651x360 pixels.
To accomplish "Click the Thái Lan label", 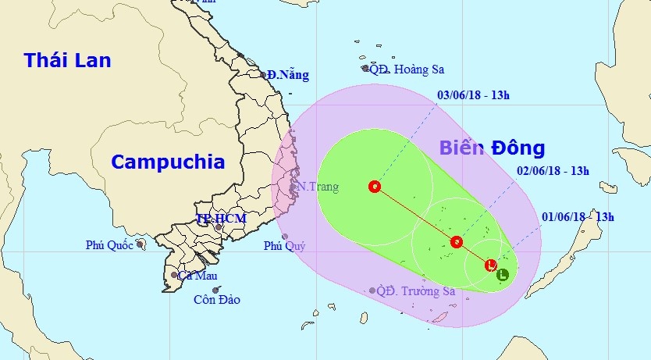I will [67, 60].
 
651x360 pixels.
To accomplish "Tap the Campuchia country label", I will [168, 162].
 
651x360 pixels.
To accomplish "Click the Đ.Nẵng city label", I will [288, 75].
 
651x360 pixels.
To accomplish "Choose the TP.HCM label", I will [221, 219].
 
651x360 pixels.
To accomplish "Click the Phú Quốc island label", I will [109, 245].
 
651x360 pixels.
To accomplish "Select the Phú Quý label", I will [284, 246].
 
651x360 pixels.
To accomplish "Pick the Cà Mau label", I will [197, 275].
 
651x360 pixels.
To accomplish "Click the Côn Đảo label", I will [218, 300].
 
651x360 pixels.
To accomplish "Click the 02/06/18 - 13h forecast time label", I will [553, 171].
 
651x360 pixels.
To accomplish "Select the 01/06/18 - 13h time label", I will [578, 217].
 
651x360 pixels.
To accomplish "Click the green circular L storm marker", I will [503, 274].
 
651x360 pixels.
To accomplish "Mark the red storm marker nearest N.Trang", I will [375, 187].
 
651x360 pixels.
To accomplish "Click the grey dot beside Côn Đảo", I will [215, 290].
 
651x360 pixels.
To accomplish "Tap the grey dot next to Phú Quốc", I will [140, 244].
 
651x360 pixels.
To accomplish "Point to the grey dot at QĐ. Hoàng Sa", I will [365, 69].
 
